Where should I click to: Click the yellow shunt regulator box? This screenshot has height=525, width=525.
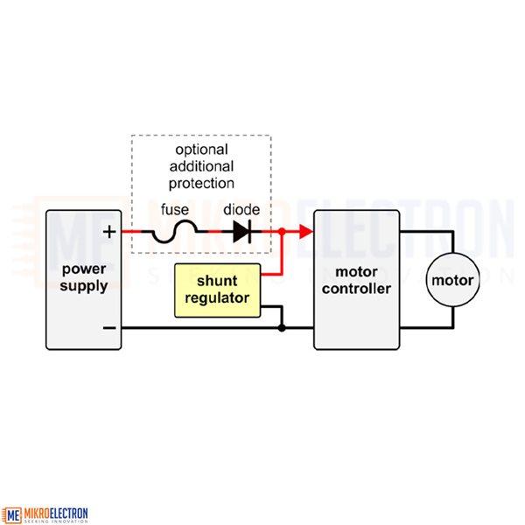click(x=217, y=290)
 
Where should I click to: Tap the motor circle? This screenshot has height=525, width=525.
click(x=452, y=280)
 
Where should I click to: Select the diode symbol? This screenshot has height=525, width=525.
click(x=242, y=232)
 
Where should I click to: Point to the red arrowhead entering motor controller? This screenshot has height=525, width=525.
click(x=306, y=232)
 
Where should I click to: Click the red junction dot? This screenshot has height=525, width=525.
click(x=282, y=231)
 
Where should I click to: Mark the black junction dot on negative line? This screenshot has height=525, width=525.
click(x=282, y=328)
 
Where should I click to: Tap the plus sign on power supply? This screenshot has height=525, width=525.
click(x=109, y=232)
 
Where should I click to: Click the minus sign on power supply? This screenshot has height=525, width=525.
click(x=109, y=328)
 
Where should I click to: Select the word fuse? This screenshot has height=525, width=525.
click(x=175, y=210)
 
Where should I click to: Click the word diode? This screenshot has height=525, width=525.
click(x=241, y=210)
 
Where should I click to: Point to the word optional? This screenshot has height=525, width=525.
click(x=201, y=150)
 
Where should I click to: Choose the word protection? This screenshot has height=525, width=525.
click(x=201, y=184)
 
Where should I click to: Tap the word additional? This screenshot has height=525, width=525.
click(x=201, y=166)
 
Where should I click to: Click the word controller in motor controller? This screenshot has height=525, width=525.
click(x=357, y=289)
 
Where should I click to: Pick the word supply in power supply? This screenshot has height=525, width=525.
click(x=84, y=287)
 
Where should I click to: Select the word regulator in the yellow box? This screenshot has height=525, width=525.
click(x=217, y=298)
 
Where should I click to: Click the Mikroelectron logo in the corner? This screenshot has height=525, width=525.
click(x=45, y=514)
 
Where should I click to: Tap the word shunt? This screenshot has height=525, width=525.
click(x=217, y=281)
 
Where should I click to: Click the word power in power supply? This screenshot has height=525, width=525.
click(x=84, y=269)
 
